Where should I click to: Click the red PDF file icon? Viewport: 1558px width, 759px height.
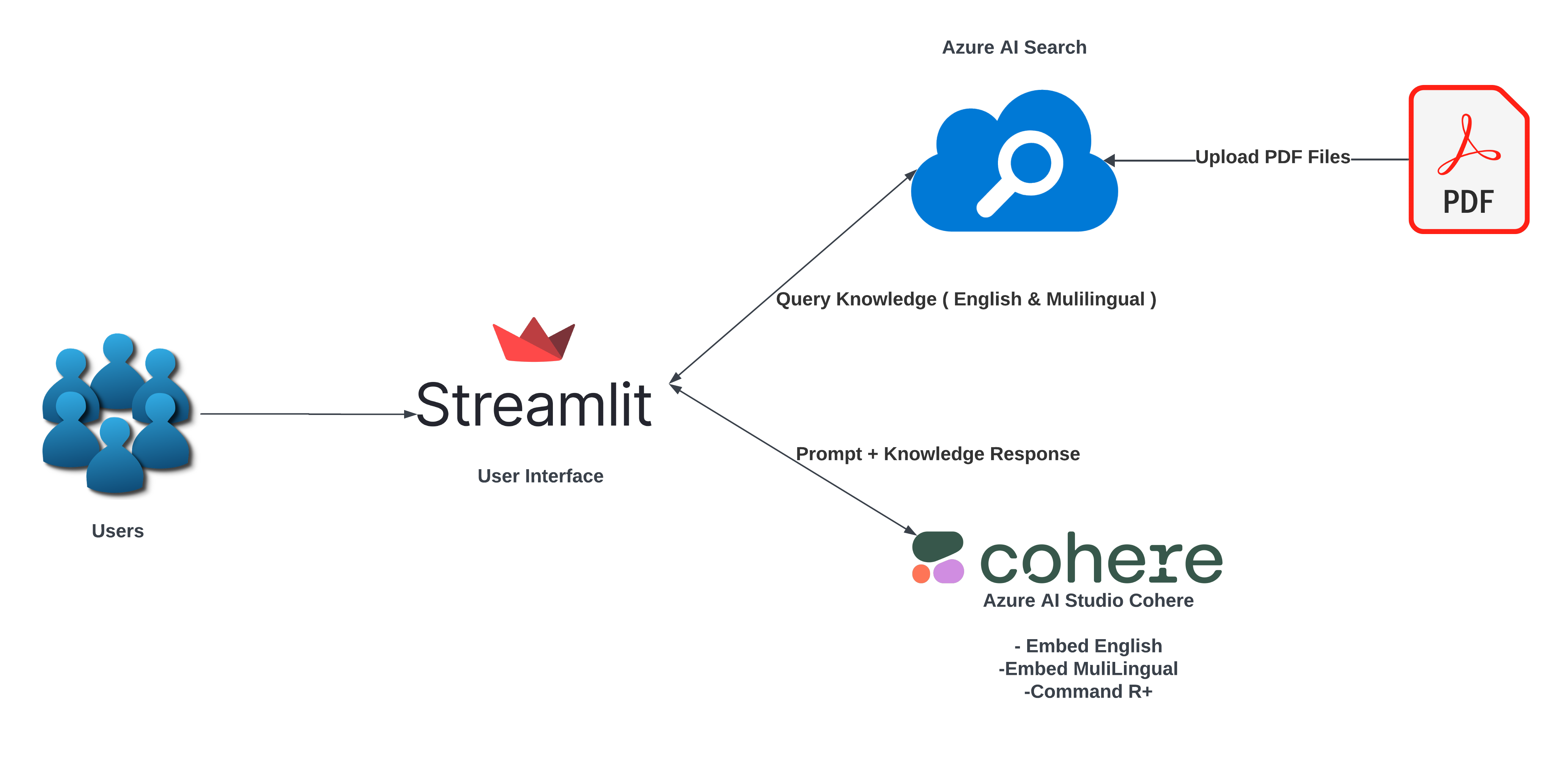click(1468, 159)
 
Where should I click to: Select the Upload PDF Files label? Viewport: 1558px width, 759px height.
click(1273, 157)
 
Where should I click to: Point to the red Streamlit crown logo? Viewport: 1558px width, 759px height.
click(533, 341)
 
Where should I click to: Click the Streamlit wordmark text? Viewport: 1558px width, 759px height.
click(534, 405)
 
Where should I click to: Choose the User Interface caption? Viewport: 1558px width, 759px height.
click(540, 476)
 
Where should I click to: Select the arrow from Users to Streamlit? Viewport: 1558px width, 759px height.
click(308, 414)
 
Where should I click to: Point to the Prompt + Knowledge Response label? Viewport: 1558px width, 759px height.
click(938, 454)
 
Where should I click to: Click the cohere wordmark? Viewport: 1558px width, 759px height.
click(1101, 559)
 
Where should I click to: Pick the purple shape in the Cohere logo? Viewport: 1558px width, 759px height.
click(948, 572)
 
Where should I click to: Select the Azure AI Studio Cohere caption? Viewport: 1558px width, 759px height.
click(1088, 600)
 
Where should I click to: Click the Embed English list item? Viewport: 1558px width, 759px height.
click(1089, 646)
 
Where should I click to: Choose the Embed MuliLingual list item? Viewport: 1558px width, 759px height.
click(1088, 669)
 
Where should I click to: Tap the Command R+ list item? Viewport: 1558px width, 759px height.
click(1088, 691)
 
